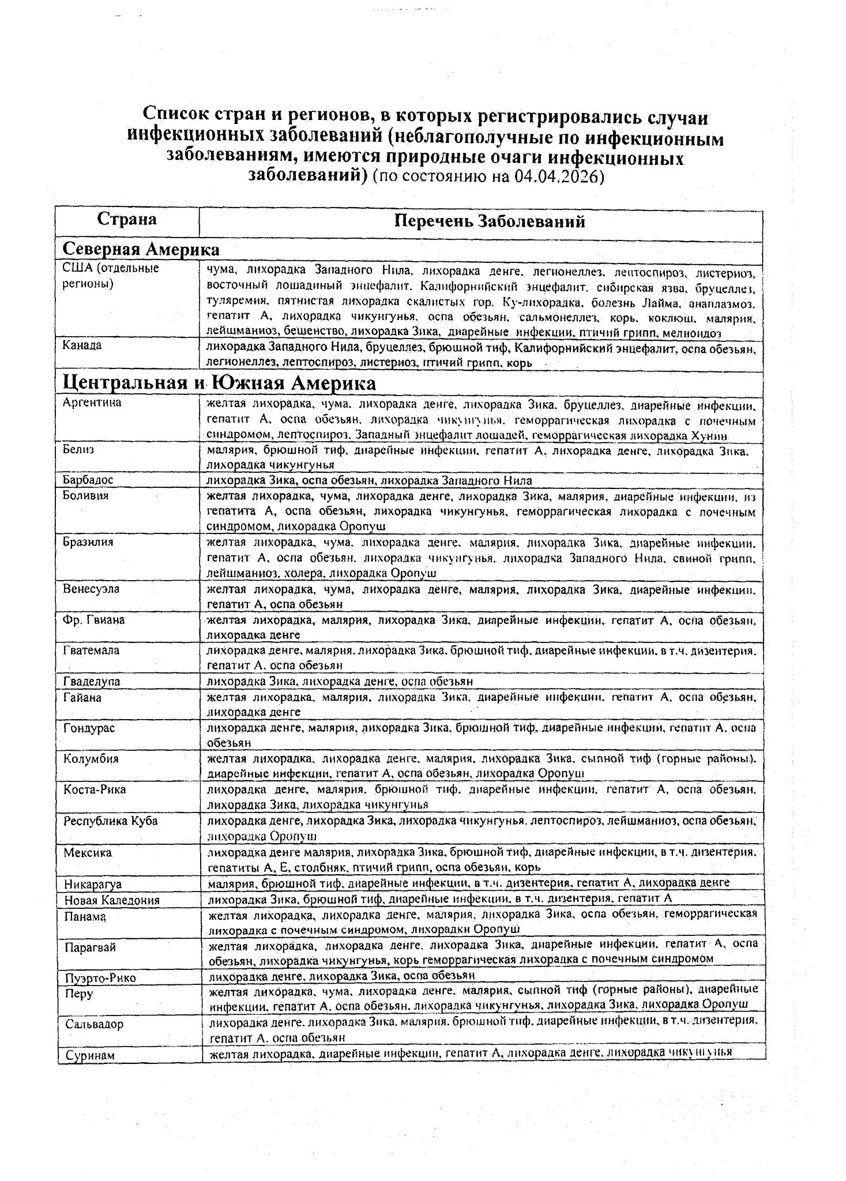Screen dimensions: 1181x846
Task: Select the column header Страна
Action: [127, 219]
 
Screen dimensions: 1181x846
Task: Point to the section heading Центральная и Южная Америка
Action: [219, 383]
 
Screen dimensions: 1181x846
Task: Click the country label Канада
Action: [82, 345]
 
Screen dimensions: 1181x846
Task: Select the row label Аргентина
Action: [92, 403]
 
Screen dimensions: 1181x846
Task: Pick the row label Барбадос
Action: [88, 480]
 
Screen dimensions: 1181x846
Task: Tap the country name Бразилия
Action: [88, 542]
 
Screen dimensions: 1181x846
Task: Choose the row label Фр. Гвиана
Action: [93, 620]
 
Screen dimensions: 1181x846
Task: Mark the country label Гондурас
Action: [89, 728]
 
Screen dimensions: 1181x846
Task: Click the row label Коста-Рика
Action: [94, 789]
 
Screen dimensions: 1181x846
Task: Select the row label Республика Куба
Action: [110, 821]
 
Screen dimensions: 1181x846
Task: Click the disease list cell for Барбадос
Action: [369, 480]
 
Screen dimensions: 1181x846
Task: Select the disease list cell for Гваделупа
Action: [340, 681]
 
